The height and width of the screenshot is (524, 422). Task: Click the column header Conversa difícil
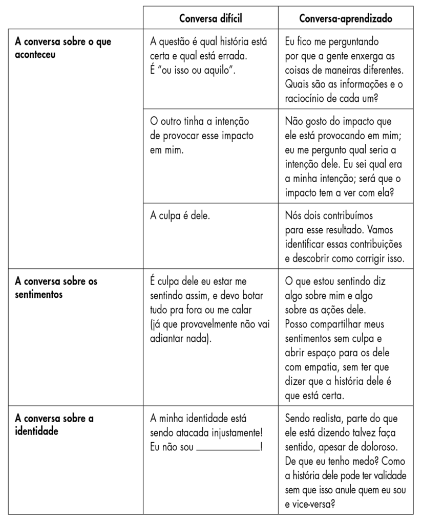pos(210,18)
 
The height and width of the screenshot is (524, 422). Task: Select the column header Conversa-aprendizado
pos(346,18)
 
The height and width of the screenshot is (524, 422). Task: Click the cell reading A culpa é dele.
pos(180,216)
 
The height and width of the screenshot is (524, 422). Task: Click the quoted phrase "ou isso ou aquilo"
pos(195,69)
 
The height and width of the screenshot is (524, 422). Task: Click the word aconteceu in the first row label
pos(35,55)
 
